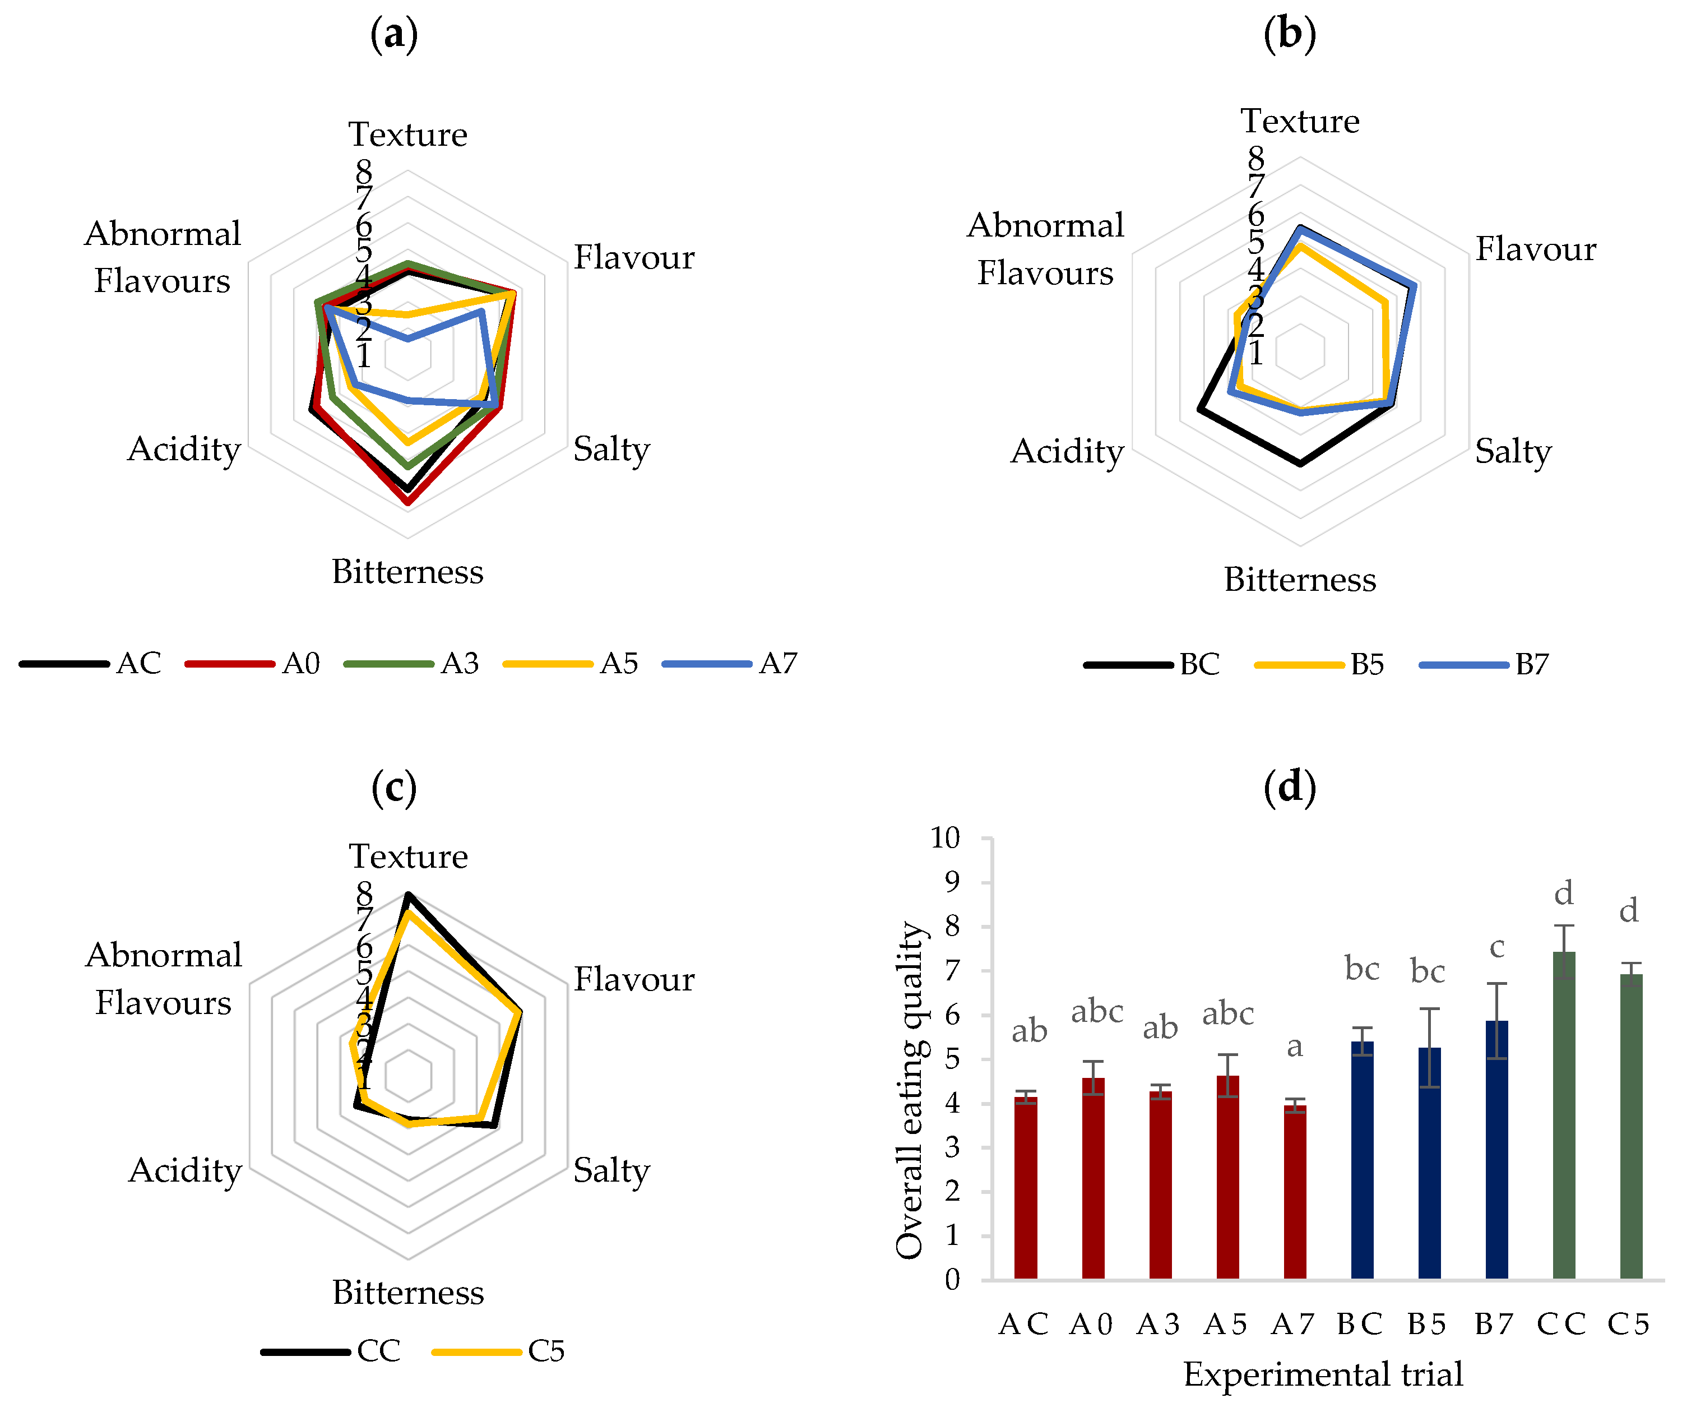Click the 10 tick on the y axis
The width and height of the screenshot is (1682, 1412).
tap(944, 838)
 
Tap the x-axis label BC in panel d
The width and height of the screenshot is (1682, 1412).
tap(1360, 1324)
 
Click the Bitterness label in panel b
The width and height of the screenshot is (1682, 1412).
tap(1300, 579)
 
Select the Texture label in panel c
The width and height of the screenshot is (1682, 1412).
tap(409, 856)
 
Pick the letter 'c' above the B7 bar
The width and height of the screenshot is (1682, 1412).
tap(1496, 947)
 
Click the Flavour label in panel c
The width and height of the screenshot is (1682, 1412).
tap(633, 979)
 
